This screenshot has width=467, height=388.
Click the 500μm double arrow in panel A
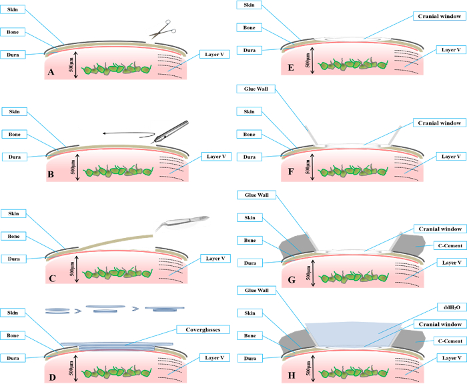pos(79,67)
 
